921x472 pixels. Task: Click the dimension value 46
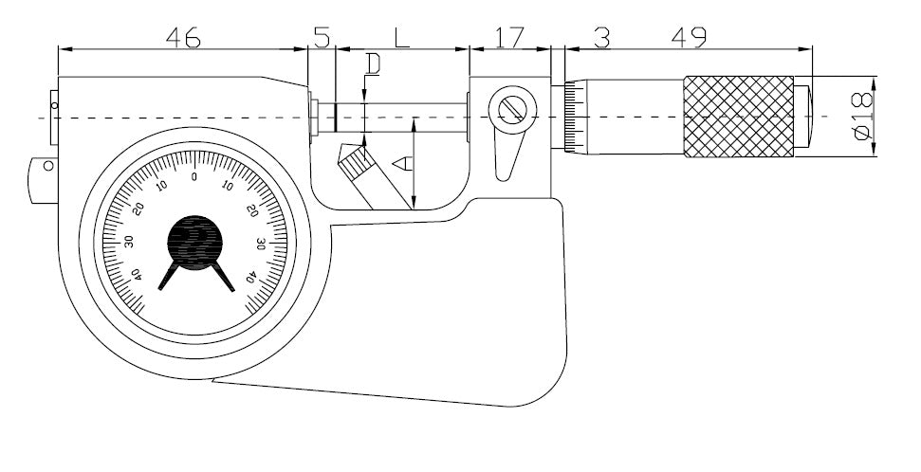coord(182,37)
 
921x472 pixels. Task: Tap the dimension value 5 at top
coord(322,37)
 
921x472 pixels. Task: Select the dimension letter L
coord(401,38)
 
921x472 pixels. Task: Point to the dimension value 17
coord(509,37)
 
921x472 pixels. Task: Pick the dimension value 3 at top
coord(601,37)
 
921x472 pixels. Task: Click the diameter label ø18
coord(861,117)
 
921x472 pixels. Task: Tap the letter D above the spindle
coord(373,64)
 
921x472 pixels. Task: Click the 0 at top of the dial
coord(194,176)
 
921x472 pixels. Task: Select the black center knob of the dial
coord(194,243)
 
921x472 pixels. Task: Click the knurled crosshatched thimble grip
coord(738,117)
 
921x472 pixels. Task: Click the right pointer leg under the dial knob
coord(224,277)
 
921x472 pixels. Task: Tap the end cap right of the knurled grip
coord(802,117)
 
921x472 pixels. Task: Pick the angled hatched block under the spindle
coord(356,162)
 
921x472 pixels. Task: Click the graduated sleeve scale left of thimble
coord(572,117)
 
